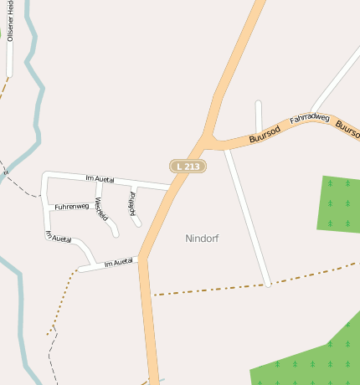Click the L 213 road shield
pos(188,167)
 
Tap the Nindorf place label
pos(202,239)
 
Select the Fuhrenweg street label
pos(71,206)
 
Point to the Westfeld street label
pos(101,209)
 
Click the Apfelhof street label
pos(131,203)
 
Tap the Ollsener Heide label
pos(10,20)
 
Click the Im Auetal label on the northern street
pos(100,177)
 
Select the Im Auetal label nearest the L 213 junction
pos(119,263)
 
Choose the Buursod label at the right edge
pos(347,128)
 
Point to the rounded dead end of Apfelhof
pos(138,223)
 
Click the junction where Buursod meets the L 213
pos(207,138)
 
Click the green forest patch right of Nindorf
pos(339,203)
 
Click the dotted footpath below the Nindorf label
pos(209,290)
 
